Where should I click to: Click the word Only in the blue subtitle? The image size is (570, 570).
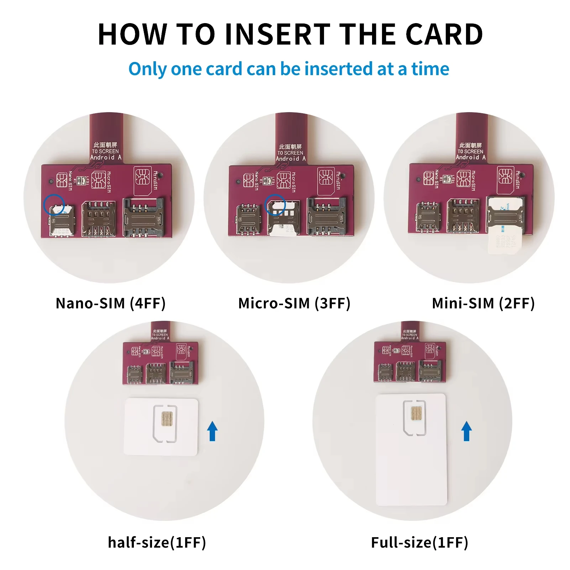(147, 69)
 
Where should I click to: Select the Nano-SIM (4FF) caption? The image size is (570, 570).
(111, 303)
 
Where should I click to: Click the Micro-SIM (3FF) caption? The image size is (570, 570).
(294, 303)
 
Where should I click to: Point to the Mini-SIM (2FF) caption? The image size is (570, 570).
(483, 303)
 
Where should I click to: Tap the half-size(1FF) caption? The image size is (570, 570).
(157, 543)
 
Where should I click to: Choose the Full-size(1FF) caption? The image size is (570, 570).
(419, 543)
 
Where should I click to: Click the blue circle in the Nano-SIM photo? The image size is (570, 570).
(54, 204)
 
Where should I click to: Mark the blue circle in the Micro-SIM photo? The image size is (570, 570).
(275, 204)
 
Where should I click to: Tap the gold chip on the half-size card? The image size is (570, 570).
(167, 419)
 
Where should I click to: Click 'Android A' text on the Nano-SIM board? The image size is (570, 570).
(106, 157)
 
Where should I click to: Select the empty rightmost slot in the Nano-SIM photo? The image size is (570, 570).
(143, 217)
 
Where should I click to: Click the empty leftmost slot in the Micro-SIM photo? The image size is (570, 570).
(248, 218)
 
